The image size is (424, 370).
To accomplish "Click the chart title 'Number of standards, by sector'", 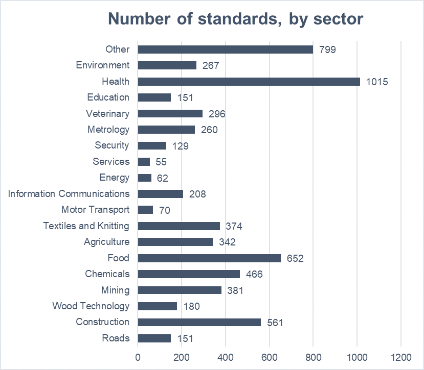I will click(235, 19).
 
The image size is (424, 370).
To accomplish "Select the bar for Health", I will click(249, 81).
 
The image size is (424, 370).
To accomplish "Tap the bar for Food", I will click(209, 258).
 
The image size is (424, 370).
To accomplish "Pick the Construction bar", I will click(199, 322).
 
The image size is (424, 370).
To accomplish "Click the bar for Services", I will click(144, 162).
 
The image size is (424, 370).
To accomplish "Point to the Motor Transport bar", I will click(146, 210).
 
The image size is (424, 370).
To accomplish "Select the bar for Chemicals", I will click(189, 274).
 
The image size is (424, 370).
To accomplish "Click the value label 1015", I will click(377, 82).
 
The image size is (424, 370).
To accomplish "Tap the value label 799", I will click(327, 50).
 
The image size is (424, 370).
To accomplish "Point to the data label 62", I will click(163, 178).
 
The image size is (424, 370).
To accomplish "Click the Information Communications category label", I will click(69, 194).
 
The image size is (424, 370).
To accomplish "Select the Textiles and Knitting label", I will click(86, 226).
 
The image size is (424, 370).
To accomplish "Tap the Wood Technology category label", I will click(91, 306).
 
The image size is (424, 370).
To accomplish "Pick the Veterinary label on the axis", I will click(107, 113).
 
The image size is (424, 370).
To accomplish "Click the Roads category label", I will click(116, 338).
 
